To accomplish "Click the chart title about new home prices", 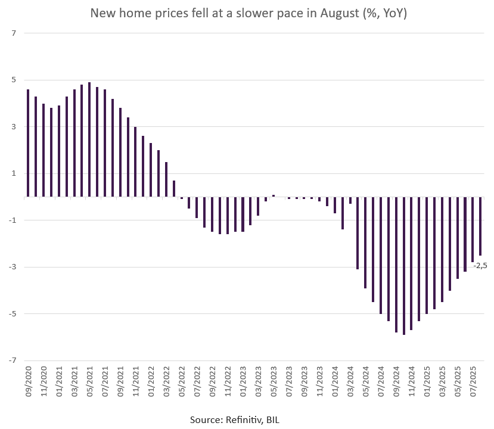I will [x=248, y=13].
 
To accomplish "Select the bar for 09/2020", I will [x=28, y=143].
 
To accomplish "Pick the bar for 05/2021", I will [x=89, y=139].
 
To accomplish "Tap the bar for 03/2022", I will [x=166, y=179].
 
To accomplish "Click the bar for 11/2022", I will [x=228, y=215].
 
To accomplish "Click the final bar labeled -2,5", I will [x=480, y=226].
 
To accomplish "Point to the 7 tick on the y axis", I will [x=13, y=33].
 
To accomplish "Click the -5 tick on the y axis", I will [x=11, y=313].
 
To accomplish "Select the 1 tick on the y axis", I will [x=13, y=173].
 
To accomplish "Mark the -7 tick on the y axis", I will [x=11, y=360].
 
